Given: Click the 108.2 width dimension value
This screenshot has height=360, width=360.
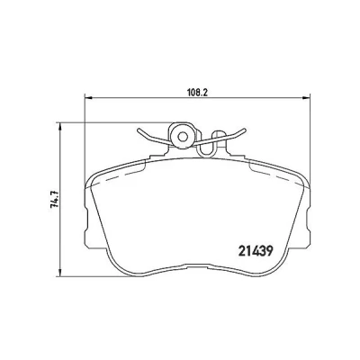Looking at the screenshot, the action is (197, 92).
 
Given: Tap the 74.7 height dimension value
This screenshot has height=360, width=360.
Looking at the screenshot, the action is (54, 200).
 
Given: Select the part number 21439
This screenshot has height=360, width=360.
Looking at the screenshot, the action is (256, 251).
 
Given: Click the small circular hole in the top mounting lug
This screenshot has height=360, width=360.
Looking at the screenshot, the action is (182, 138).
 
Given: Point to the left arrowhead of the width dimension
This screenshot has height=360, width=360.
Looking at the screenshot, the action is (89, 97).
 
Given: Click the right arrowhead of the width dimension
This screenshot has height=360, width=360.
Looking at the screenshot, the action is (305, 97).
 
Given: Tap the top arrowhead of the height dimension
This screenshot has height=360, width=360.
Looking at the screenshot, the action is (60, 126).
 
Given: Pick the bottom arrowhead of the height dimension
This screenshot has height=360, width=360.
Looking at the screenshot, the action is (60, 272).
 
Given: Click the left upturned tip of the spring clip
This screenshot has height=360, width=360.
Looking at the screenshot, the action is (139, 131).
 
